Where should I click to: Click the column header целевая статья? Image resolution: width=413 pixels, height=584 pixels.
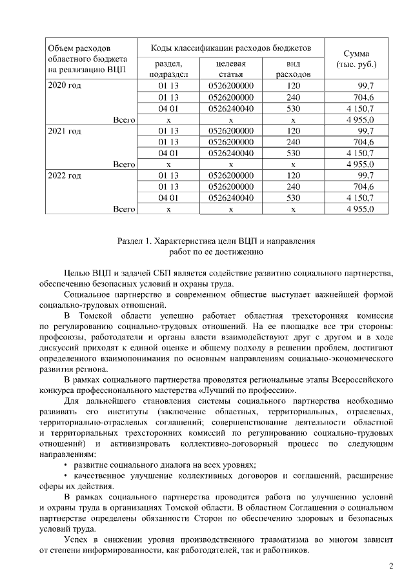point(230,69)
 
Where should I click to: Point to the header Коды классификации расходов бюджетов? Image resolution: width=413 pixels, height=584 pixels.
point(231,48)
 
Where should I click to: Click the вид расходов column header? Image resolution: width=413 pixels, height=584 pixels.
point(294,69)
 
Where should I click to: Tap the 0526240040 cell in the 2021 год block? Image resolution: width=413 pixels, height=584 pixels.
point(231,154)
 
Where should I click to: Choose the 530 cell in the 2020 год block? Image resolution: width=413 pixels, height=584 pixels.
point(294,108)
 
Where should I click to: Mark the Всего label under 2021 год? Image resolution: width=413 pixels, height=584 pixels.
point(123,165)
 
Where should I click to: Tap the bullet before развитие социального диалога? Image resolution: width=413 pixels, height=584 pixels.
point(66,465)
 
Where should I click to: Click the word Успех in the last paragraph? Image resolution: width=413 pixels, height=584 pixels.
point(77,539)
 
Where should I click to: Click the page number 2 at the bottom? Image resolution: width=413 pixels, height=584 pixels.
point(390,567)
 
